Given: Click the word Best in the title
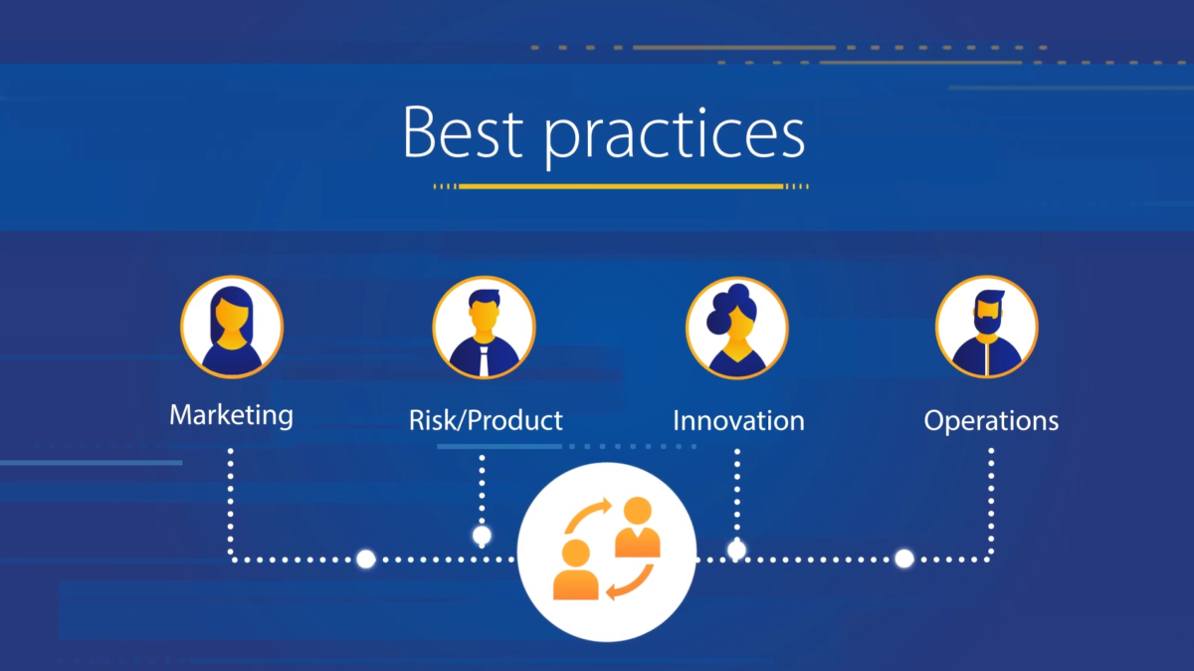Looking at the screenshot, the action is [463, 131].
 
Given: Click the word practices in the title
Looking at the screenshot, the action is [675, 137].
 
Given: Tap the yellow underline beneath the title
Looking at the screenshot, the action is [621, 186].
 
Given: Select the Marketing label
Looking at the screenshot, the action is [231, 415].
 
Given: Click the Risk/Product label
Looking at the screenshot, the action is [486, 420].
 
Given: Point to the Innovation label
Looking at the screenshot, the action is [738, 420].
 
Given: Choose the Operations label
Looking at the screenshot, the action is [991, 421].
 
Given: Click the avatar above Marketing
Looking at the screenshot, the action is [232, 327].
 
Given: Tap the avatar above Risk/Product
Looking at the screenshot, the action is [484, 328].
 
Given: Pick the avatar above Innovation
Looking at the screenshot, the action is [737, 328].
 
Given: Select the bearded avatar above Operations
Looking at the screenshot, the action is [987, 327].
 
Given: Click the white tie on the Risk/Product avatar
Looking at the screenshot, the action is [484, 361].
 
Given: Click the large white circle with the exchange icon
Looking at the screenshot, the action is [607, 553].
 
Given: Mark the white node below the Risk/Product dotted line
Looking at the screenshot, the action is [482, 535].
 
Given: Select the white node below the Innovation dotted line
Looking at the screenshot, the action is [736, 550].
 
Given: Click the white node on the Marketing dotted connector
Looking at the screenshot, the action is [366, 559].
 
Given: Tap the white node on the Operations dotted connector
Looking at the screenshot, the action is [904, 559].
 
